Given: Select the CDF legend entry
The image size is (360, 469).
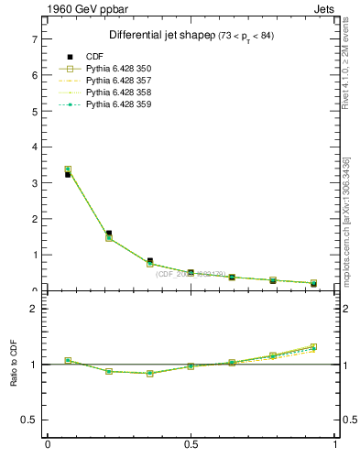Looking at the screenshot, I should [x=95, y=57].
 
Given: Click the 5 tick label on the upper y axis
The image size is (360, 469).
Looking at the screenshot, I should [x=34, y=112].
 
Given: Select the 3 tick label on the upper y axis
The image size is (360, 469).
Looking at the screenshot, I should [x=34, y=183].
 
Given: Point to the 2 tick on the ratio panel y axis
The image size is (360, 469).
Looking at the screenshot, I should [x=34, y=309].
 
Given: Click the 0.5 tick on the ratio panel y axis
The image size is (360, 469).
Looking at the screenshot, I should [x=30, y=420].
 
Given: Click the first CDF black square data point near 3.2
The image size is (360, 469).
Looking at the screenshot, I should [x=68, y=174].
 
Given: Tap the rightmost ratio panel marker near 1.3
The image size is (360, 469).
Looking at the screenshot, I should [x=314, y=347].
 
